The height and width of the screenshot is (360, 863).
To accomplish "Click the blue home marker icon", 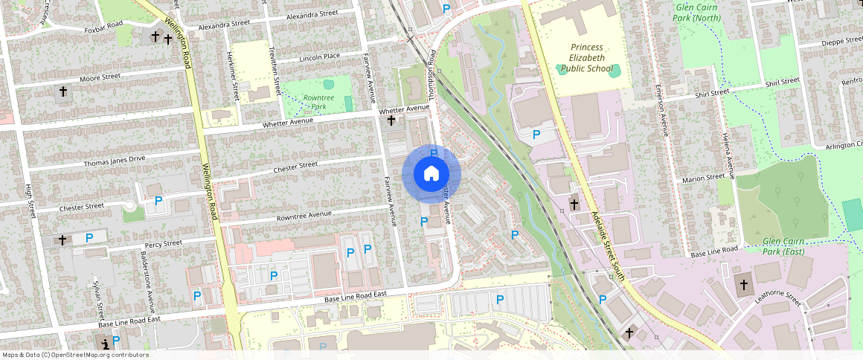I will (431, 174).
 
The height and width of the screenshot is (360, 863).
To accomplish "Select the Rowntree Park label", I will (318, 102).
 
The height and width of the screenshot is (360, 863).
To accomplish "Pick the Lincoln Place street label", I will (319, 57).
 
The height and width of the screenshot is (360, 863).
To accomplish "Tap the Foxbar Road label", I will (103, 27).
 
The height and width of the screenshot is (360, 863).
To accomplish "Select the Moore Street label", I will (100, 77).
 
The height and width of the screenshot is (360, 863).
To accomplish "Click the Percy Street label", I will (163, 243).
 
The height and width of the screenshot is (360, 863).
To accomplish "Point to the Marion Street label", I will (704, 178).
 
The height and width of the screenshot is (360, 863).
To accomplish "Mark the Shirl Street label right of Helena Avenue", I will (782, 81).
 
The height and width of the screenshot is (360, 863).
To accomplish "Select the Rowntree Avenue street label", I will (304, 215).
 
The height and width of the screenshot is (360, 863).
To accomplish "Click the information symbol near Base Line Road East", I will (106, 344).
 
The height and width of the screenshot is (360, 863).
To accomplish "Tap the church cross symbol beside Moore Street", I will (63, 92).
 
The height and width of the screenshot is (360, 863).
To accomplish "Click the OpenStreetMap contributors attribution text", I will (75, 355).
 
